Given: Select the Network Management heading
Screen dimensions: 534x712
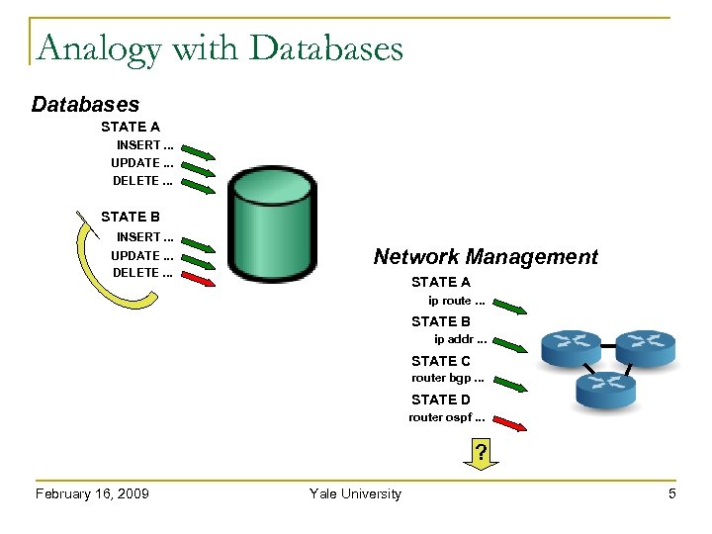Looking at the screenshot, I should click(x=486, y=257).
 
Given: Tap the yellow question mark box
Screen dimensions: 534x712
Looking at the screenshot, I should click(x=481, y=454).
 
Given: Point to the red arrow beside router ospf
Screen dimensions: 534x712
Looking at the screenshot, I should click(x=509, y=422).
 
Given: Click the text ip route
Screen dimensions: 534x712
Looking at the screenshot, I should click(x=456, y=301).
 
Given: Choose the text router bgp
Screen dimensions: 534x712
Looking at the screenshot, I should click(x=448, y=379).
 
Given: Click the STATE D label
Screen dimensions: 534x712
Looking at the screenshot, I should click(x=441, y=400).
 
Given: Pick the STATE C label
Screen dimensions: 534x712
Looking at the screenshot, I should click(x=441, y=361).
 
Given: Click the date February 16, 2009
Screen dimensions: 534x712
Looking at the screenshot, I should click(x=92, y=493).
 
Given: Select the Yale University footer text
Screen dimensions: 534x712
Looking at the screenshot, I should click(x=355, y=493).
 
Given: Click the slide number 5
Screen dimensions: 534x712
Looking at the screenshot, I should click(x=672, y=493).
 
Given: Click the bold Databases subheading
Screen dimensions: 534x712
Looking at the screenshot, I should click(x=86, y=104).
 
